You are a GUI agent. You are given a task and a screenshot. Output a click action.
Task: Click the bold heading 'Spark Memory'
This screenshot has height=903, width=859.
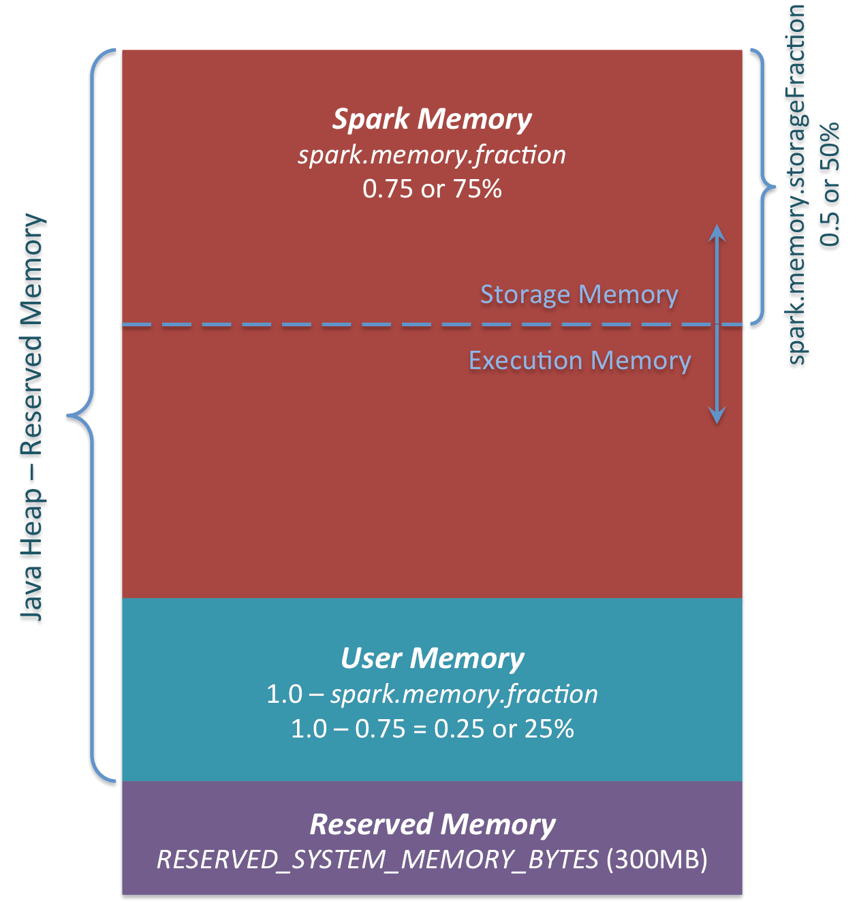point(432,119)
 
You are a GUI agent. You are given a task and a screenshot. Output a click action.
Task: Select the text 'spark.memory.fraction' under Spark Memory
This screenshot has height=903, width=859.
point(432,155)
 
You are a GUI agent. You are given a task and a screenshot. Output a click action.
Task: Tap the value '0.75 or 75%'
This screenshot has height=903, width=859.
point(432,189)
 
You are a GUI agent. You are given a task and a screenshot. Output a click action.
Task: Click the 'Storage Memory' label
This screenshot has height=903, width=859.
point(579,294)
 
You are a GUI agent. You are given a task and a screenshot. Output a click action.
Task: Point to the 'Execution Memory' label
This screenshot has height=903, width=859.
point(580,360)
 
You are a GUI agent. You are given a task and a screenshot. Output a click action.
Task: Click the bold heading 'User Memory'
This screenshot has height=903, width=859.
point(432,659)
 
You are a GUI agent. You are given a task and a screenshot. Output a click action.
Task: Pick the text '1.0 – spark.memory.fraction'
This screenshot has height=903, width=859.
point(432,694)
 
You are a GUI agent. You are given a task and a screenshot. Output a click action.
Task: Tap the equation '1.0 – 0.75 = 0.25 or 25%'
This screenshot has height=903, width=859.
point(432,729)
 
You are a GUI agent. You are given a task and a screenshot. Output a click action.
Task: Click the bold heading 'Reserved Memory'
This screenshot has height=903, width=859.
point(432,824)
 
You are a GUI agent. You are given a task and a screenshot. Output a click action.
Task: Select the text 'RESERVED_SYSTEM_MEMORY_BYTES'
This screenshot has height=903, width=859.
point(377,859)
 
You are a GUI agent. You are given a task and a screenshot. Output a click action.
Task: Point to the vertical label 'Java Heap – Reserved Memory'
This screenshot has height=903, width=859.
point(31,417)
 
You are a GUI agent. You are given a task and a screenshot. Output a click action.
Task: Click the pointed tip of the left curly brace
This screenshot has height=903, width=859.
point(69,415)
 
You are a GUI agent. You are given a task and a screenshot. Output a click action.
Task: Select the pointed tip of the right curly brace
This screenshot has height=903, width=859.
point(775,186)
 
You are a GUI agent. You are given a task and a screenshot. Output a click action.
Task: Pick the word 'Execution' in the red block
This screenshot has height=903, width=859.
point(525,360)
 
